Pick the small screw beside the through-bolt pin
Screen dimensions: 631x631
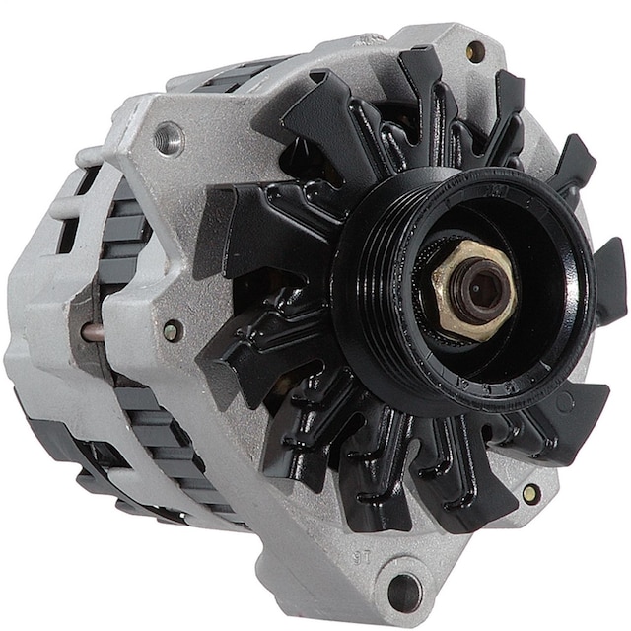172,331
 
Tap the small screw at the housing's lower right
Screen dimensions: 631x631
530,493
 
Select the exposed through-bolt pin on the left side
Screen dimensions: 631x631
95,332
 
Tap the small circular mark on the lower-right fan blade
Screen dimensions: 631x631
565,403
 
